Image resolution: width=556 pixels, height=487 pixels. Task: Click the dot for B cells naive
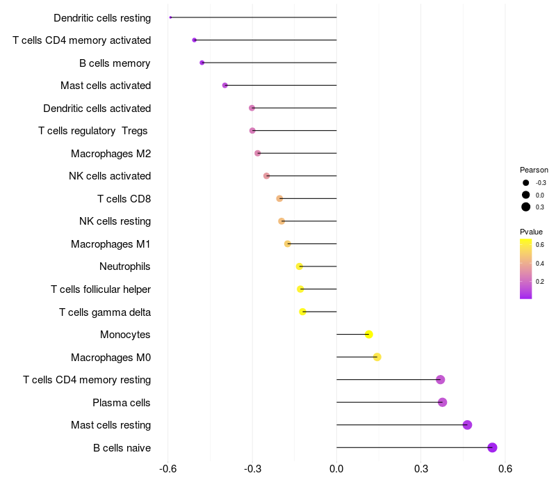click(492, 447)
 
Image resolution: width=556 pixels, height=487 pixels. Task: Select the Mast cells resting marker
click(467, 425)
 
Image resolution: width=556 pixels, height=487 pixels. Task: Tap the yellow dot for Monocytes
click(369, 335)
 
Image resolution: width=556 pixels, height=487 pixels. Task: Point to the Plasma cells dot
click(443, 402)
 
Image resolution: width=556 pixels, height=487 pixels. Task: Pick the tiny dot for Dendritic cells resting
click(170, 17)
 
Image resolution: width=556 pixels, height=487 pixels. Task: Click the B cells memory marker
click(202, 63)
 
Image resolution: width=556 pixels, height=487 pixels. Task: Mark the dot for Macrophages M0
click(377, 357)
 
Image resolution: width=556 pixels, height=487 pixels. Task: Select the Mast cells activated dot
click(224, 86)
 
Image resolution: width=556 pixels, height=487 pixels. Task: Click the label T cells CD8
click(124, 199)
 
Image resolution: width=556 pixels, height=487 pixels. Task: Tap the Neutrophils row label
click(125, 266)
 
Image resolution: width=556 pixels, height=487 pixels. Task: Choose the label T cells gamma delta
click(105, 312)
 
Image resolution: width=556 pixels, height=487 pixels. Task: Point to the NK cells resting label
click(115, 221)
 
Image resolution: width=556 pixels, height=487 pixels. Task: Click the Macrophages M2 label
click(111, 154)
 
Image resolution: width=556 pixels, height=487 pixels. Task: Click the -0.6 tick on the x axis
click(167, 469)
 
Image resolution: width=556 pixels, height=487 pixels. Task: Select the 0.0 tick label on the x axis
click(336, 469)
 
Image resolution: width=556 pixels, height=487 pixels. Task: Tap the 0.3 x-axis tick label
click(420, 469)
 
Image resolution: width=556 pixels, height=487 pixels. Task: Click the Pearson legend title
click(534, 170)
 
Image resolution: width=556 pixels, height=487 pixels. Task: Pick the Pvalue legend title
click(531, 232)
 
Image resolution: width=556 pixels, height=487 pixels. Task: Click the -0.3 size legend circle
click(526, 183)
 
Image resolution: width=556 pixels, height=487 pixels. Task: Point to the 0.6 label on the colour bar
click(539, 245)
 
